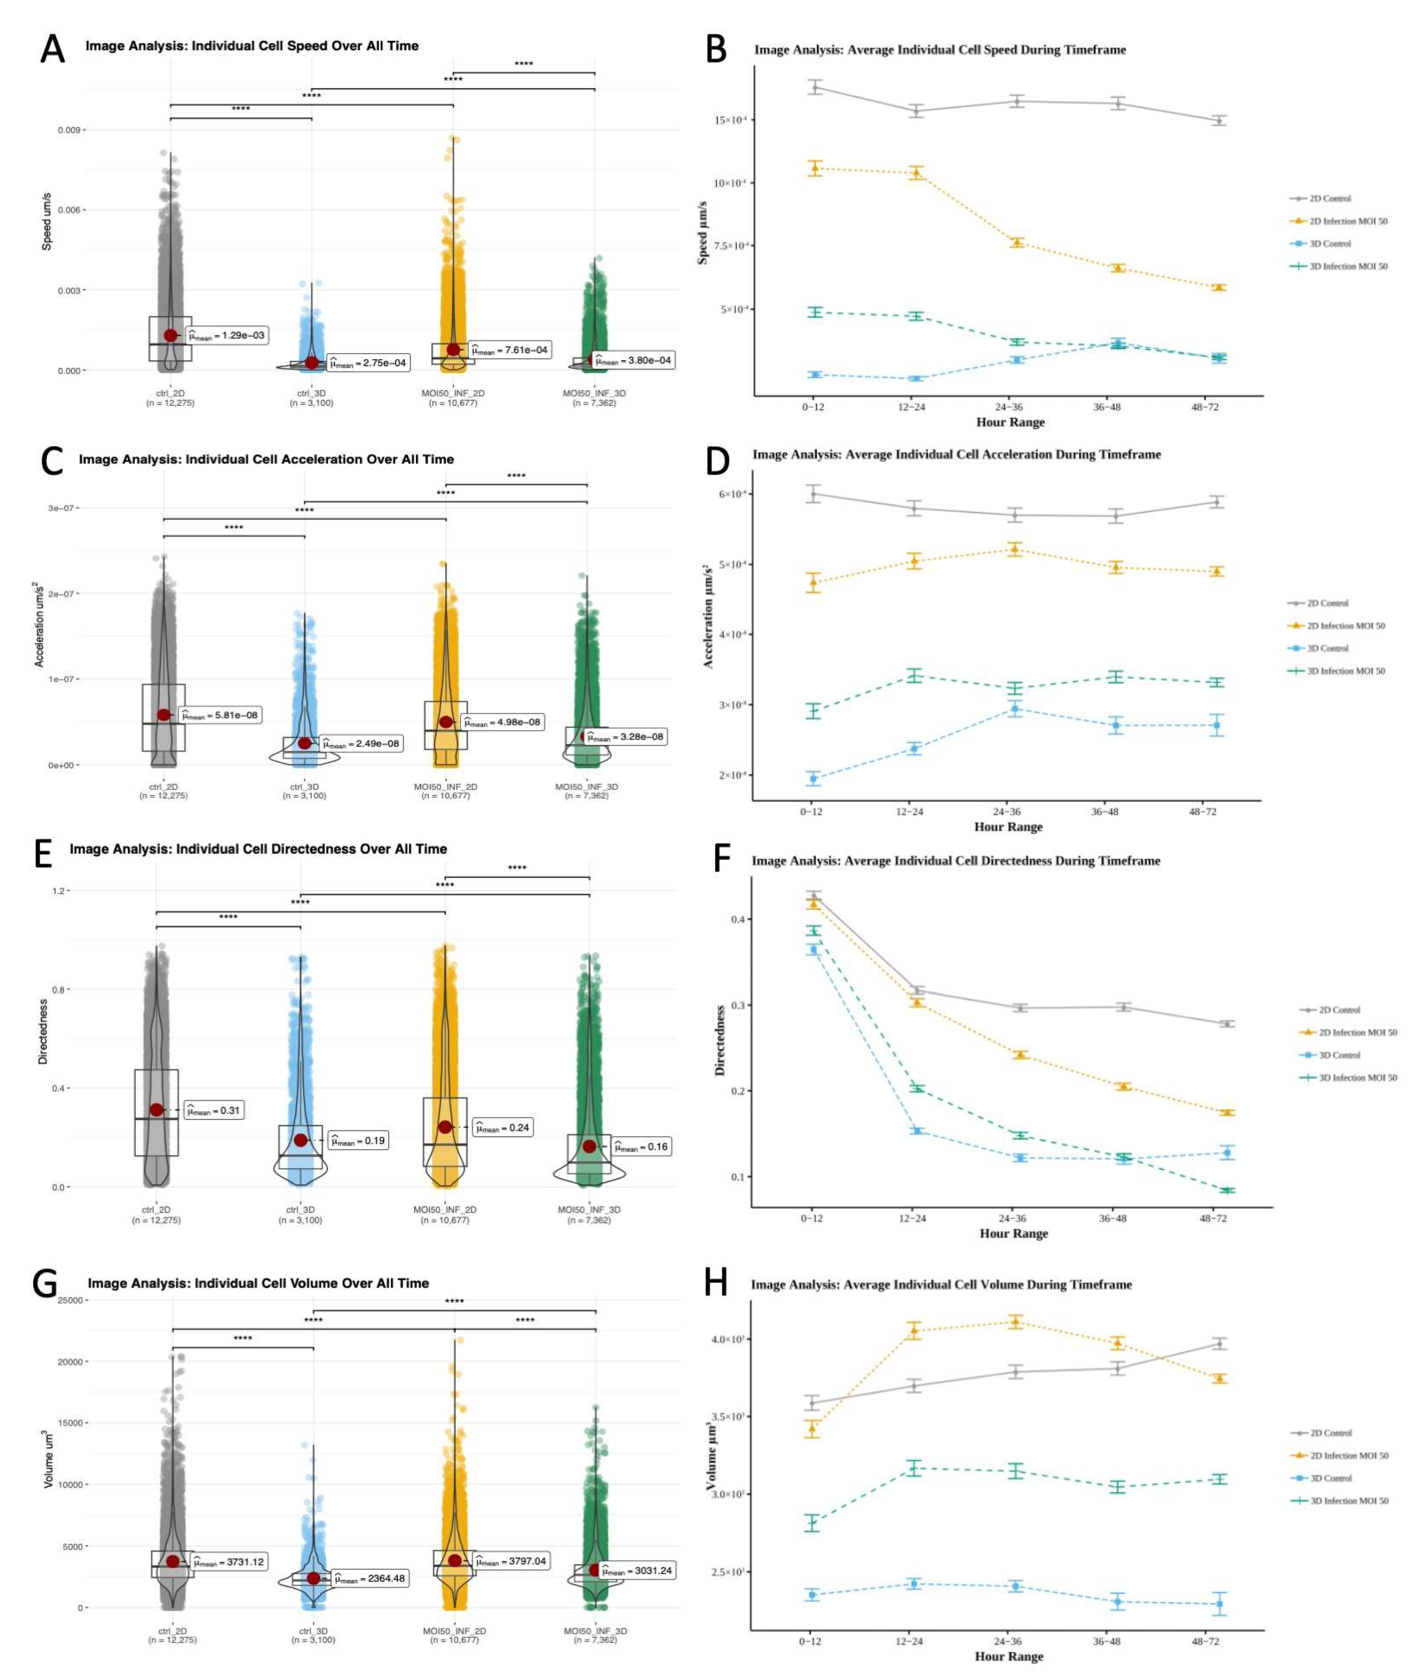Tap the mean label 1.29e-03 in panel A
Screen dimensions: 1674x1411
[227, 336]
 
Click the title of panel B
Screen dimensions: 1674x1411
[940, 49]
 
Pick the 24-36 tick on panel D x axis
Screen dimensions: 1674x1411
[1007, 811]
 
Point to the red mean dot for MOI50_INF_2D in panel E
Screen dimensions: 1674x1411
[445, 1127]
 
